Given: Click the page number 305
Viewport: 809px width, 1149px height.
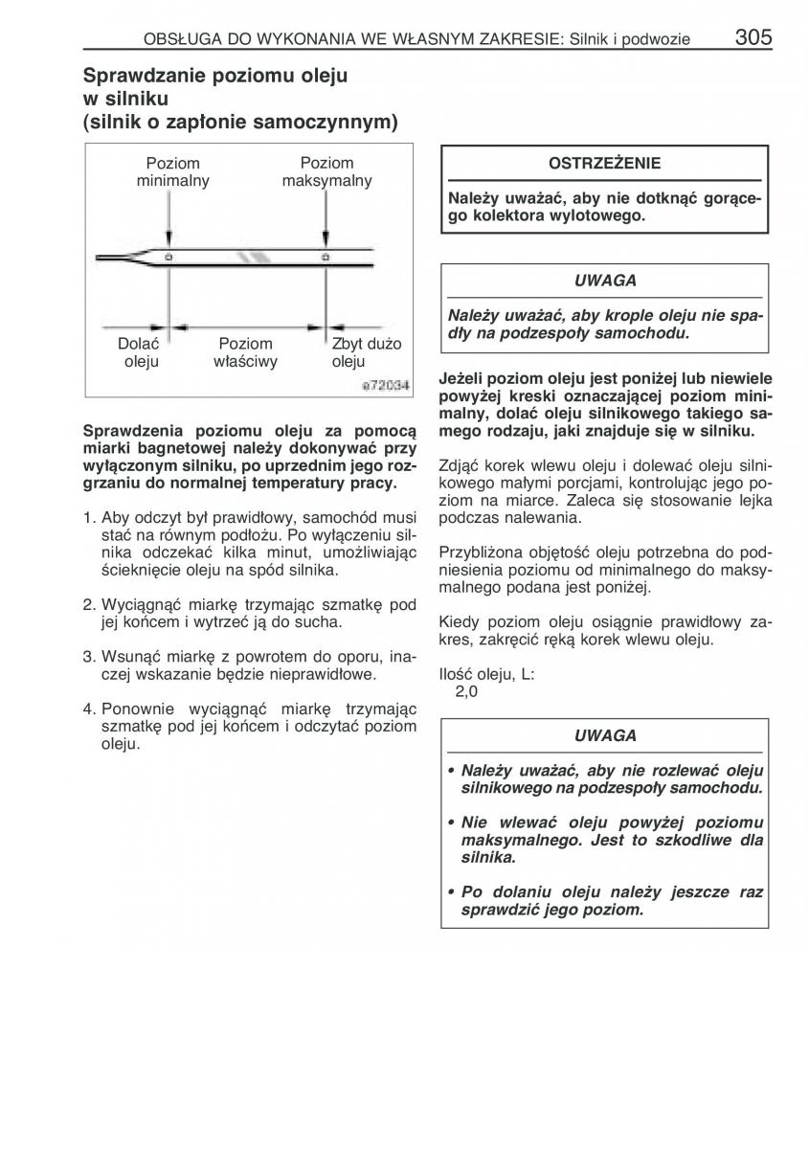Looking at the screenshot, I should click(753, 37).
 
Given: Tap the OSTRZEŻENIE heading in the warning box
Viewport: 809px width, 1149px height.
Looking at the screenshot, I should click(604, 163).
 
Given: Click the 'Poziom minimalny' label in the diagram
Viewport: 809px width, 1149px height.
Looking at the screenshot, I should click(173, 171).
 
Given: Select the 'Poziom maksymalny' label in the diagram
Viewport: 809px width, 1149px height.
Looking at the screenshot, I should click(326, 171).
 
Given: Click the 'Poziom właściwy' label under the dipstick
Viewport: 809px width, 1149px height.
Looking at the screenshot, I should click(245, 351).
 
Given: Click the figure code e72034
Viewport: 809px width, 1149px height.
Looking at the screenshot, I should click(385, 385).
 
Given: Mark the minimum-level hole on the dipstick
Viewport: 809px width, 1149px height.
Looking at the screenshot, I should click(169, 258).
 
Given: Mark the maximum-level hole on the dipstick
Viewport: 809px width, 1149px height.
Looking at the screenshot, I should click(326, 258).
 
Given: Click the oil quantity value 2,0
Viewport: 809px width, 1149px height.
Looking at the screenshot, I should click(466, 691).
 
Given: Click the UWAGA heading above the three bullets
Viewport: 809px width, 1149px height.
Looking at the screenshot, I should click(604, 735).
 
